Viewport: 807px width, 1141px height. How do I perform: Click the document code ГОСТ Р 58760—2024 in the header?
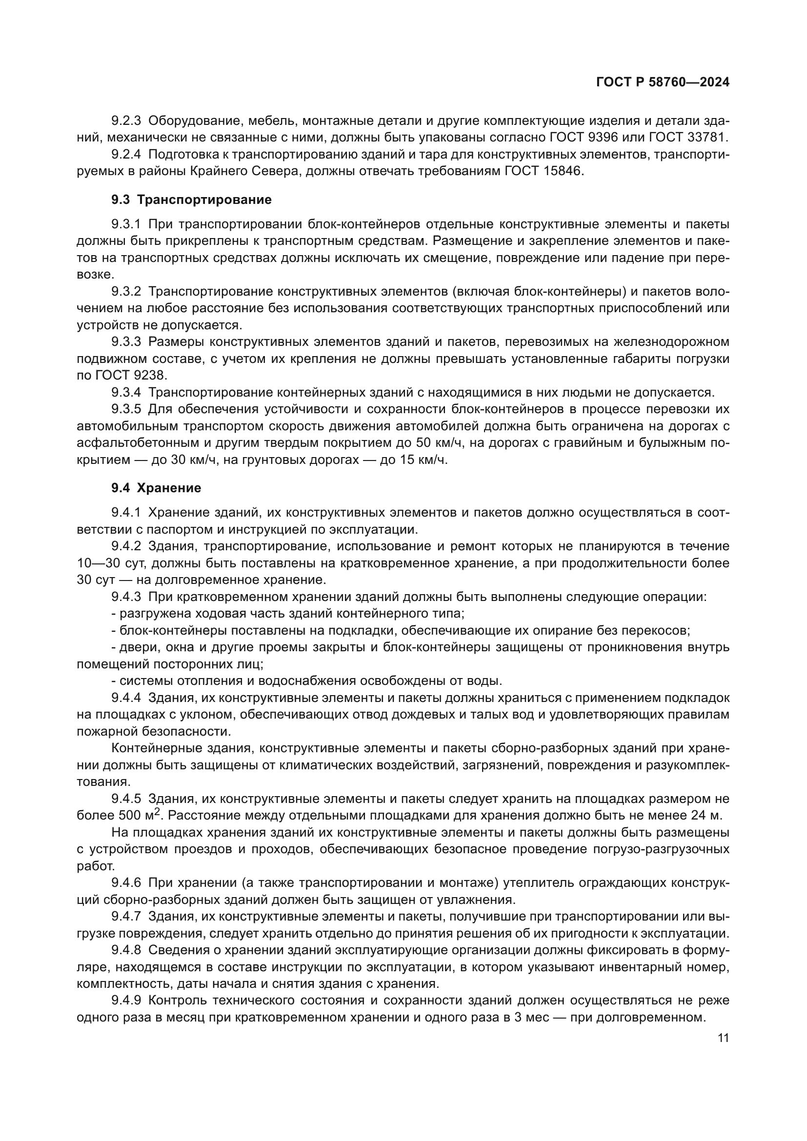pos(663,82)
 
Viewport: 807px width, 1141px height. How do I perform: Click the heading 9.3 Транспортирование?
pos(191,200)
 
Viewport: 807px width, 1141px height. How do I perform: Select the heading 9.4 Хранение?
pos(156,488)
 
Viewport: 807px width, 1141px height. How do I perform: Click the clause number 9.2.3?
pos(126,121)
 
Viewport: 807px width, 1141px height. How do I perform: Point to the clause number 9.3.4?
pos(126,393)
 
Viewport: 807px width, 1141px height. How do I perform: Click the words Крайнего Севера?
pos(251,171)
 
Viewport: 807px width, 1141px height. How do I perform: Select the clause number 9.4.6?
pos(126,883)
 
